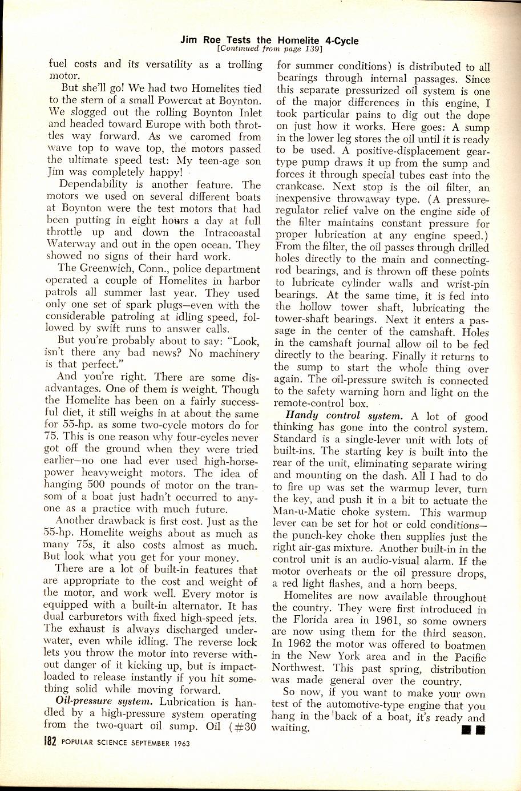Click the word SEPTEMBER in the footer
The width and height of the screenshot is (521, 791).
tap(140, 744)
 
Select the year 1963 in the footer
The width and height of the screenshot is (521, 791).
tap(179, 744)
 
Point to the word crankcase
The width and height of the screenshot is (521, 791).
tap(301, 188)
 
